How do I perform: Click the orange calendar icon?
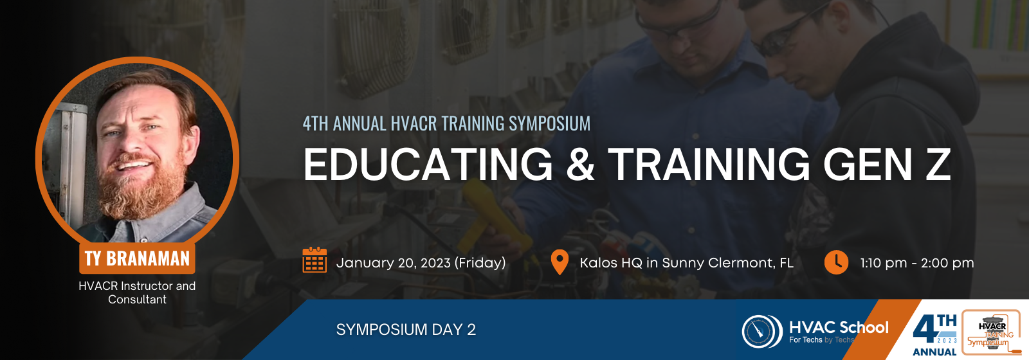(314, 260)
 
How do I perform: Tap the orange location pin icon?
(560, 262)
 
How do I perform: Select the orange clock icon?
(836, 262)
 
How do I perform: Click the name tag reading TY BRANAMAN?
(137, 258)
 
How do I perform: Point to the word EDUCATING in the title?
(428, 165)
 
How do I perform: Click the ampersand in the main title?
(580, 165)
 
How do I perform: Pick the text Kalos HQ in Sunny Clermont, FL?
(686, 263)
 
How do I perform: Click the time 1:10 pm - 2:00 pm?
(917, 263)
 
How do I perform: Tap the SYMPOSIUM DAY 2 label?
(406, 330)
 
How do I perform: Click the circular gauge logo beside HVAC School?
(762, 331)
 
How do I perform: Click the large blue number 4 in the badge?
(925, 330)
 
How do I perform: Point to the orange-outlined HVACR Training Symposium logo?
(991, 332)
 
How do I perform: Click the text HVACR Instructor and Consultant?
(137, 292)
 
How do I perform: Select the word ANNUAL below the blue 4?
(934, 352)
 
